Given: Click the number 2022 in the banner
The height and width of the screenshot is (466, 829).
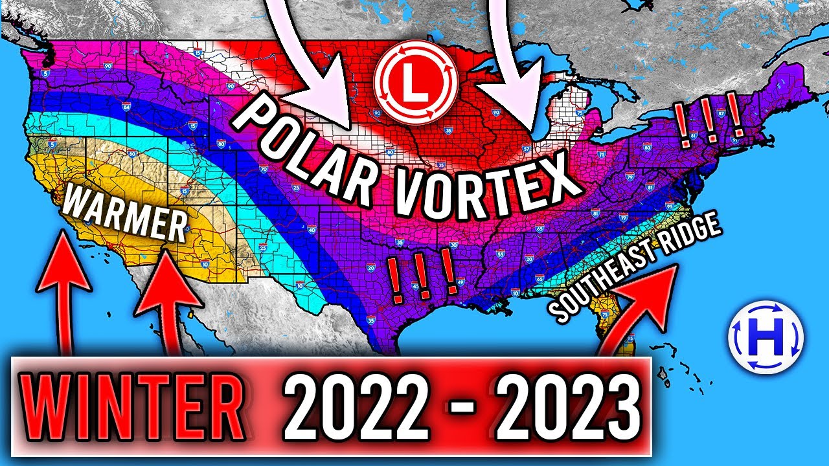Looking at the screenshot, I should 350,408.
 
